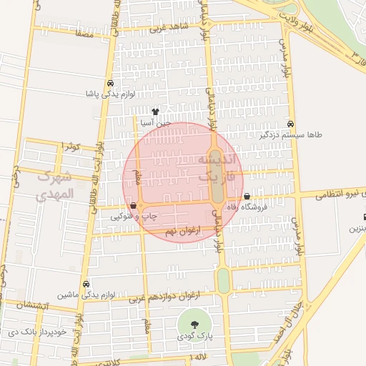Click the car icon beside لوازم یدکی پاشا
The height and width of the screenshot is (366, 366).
[x=109, y=84]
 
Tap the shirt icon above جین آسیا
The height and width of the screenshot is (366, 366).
[x=156, y=112]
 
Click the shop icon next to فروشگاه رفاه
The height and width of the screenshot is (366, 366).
[x=247, y=197]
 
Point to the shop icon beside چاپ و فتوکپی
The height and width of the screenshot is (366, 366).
[x=134, y=205]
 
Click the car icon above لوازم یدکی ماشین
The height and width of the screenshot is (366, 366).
[x=86, y=284]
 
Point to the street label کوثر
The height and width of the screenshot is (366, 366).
[x=69, y=147]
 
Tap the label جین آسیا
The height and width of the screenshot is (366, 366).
[x=157, y=123]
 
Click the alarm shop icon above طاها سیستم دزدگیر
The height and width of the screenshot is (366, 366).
[x=290, y=124]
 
